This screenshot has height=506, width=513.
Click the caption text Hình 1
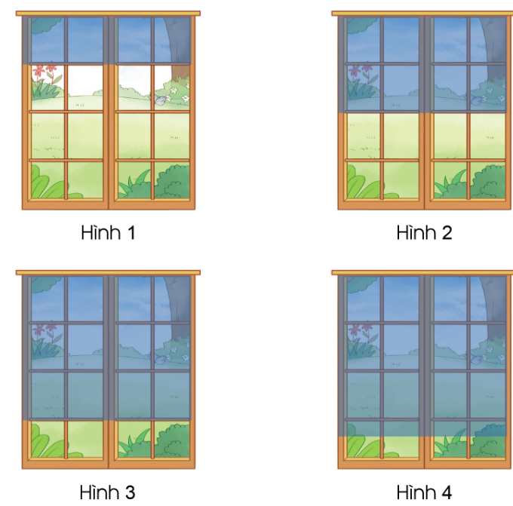pos(108,232)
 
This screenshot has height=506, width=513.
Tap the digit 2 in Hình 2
pos(446,232)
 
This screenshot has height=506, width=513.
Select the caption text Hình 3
pos(107,492)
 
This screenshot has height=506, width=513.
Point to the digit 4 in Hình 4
pos(446,492)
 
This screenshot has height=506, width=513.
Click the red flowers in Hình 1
pos(45,74)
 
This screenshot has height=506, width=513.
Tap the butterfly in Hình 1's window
pos(160,100)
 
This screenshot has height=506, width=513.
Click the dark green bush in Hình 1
pos(172,182)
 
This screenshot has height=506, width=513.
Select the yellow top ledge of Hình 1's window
pos(108,14)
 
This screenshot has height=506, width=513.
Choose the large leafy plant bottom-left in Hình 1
pos(46,184)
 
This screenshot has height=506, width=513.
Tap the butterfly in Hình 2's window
pos(476,100)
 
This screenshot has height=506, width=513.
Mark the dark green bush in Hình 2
pos(487,182)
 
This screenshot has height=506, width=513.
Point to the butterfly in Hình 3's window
pos(160,359)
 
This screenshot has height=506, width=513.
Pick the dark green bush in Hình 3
pos(172,441)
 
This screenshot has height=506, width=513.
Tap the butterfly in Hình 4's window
pos(476,359)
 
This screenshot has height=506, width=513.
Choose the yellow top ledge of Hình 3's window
pos(108,273)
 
